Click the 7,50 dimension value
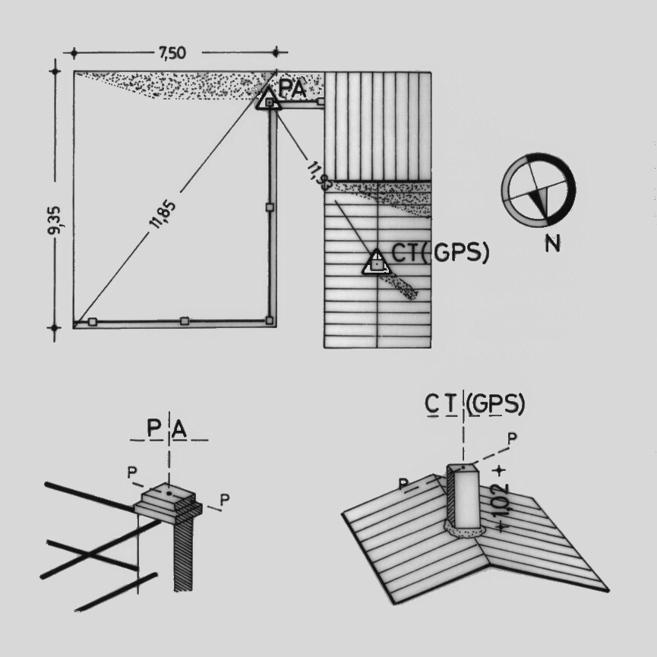172,53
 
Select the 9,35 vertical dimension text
55,220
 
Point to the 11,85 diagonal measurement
163,215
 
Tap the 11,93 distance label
319,176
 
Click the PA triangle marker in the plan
269,99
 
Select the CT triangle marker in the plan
376,263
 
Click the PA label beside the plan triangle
293,89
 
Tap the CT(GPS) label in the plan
440,252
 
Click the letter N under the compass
552,243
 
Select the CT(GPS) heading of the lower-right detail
475,403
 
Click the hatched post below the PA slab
183,552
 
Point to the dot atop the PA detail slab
169,494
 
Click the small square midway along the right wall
270,207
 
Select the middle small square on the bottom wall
185,321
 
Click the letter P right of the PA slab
225,500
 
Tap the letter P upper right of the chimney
512,439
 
